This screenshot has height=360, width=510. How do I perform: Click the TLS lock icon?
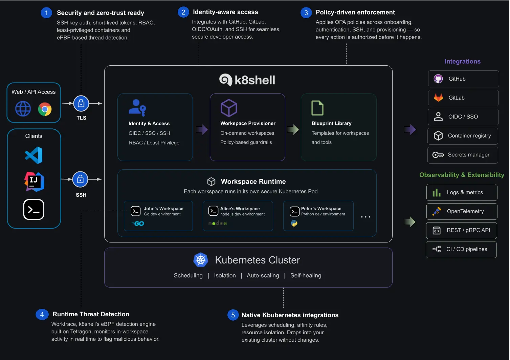[x=81, y=103]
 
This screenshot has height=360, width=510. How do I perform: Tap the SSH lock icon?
[x=80, y=179]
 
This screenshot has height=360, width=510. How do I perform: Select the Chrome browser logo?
[x=45, y=109]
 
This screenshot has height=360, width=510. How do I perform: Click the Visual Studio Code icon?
[x=34, y=155]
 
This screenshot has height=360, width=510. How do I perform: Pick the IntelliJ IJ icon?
[x=34, y=182]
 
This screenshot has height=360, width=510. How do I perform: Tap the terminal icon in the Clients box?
[x=34, y=209]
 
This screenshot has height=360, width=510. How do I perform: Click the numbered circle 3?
[x=306, y=13]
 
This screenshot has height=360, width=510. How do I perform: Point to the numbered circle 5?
[x=233, y=315]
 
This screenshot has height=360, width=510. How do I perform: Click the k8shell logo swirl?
[x=226, y=80]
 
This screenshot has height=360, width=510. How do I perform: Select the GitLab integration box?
[x=463, y=98]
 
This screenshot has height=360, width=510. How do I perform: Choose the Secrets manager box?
[x=463, y=155]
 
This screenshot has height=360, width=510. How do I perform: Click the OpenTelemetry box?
[x=462, y=211]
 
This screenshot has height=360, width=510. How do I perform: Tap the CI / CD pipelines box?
[x=461, y=250]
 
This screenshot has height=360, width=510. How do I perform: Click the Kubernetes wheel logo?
[x=201, y=260]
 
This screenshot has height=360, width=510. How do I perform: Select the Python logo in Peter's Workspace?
[x=294, y=223]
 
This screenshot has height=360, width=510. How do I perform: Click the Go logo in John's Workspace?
[x=137, y=224]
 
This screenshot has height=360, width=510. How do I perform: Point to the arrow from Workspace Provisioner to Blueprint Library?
[x=293, y=130]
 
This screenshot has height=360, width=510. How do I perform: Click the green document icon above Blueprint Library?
[x=317, y=108]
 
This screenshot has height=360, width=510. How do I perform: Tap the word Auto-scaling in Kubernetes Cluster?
[x=263, y=275]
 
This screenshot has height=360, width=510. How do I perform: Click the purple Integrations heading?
[x=462, y=61]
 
